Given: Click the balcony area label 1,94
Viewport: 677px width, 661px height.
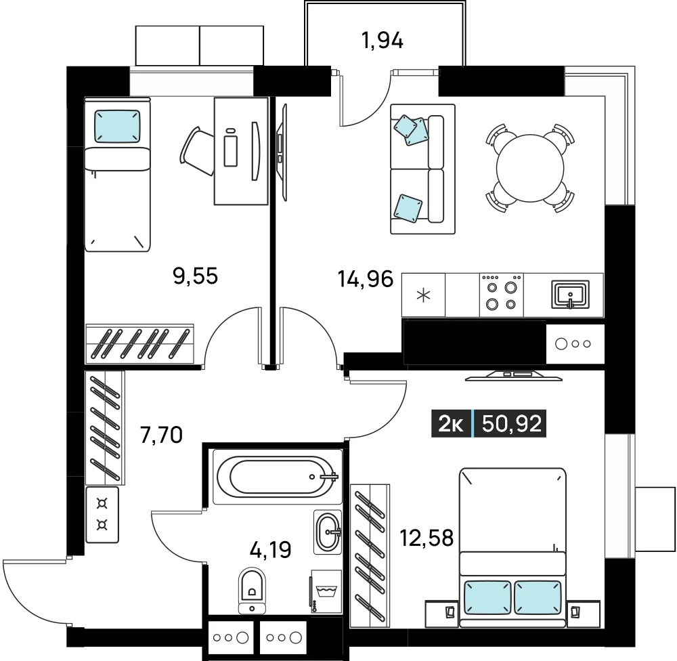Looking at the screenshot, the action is coord(382,41).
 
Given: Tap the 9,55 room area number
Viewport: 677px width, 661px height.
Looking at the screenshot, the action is coord(195,276).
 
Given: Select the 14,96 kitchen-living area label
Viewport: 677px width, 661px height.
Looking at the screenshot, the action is coord(366,278).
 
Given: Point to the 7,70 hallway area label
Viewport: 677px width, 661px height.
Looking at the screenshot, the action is coord(162,435).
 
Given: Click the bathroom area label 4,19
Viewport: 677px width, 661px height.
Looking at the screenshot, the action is coord(271,549).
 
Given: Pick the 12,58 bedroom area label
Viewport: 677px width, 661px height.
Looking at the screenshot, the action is coord(427,538).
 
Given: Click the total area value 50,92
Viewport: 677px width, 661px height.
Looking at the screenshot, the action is coord(512,423).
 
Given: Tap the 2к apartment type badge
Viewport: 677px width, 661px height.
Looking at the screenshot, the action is coord(451,423).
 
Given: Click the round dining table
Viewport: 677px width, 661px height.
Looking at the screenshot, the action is coord(530,168).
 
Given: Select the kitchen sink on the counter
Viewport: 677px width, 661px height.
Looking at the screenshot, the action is coord(570,295).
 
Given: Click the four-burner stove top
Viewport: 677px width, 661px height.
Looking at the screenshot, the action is coord(502,295).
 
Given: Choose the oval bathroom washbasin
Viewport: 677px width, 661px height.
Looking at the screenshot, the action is coord(328,532).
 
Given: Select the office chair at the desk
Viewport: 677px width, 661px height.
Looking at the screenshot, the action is coord(197,151).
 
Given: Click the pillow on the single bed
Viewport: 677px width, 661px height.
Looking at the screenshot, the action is coord(117,126).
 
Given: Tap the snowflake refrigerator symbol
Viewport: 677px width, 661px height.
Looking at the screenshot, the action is coord(423,295).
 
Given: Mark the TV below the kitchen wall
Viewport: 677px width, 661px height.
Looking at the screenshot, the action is coord(513,376).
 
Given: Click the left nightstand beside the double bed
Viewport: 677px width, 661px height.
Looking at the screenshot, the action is coord(441,614).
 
